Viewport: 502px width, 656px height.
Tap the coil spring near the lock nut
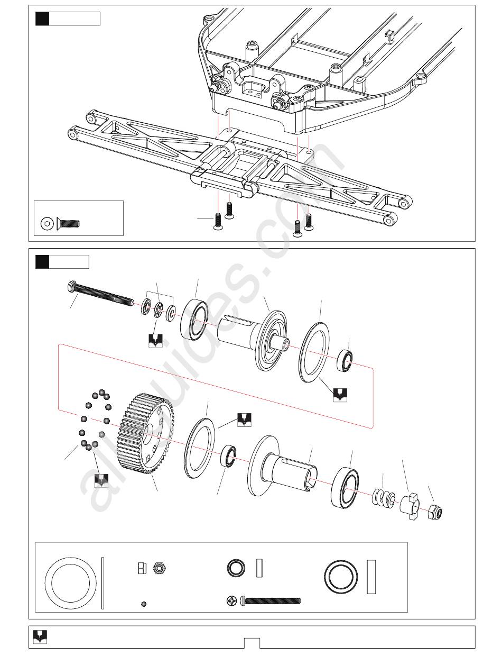tap(385, 498)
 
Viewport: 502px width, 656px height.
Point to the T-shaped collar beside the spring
tap(410, 505)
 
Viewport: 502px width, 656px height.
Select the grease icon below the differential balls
tap(101, 480)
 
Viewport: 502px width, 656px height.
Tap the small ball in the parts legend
tap(144, 604)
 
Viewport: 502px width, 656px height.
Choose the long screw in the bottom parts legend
tap(271, 600)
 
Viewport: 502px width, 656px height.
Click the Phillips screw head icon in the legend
tap(231, 600)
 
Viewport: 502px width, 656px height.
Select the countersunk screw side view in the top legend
tap(68, 223)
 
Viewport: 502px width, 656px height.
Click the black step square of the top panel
tap(42, 19)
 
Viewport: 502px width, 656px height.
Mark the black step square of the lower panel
tap(42, 261)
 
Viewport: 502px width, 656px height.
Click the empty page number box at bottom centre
tap(252, 643)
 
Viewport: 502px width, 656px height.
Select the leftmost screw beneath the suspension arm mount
tap(217, 222)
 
